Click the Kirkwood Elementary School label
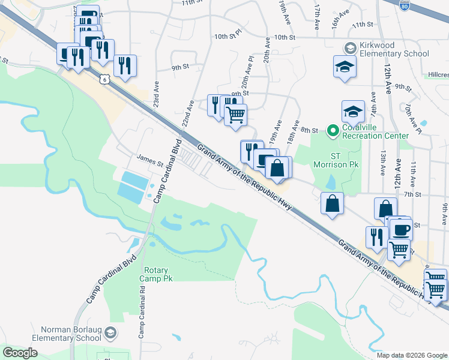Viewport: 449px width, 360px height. (x=394, y=49)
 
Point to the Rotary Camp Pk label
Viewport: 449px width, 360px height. (x=156, y=274)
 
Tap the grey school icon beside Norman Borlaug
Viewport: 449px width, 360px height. (x=110, y=332)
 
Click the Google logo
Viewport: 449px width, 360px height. (x=20, y=353)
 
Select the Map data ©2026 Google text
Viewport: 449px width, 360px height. (x=412, y=355)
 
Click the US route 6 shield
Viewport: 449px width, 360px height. (x=105, y=79)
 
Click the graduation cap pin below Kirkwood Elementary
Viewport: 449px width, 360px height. (x=345, y=65)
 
